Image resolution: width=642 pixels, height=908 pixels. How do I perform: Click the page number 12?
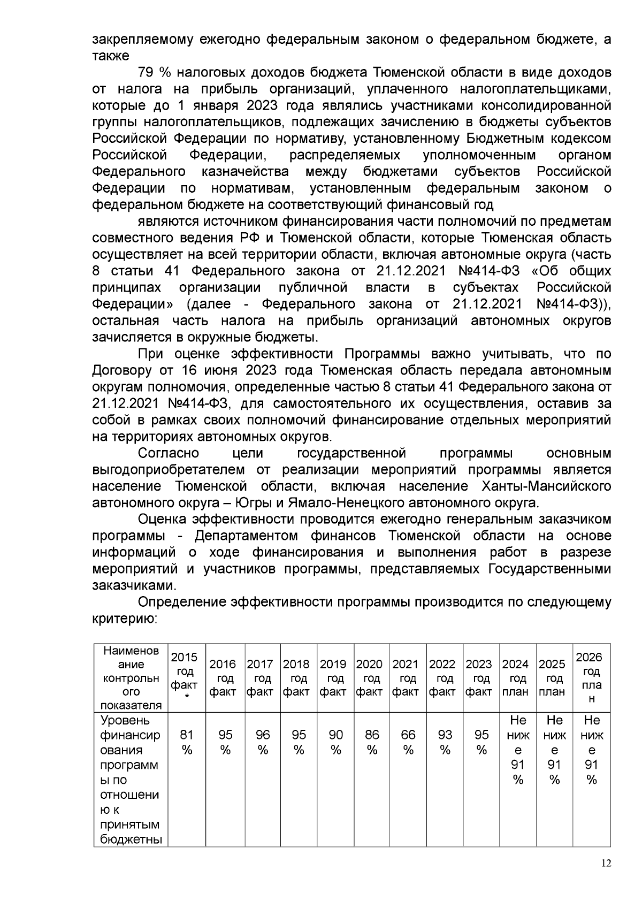tap(606, 863)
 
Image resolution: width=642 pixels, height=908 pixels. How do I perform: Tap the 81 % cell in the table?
tap(186, 743)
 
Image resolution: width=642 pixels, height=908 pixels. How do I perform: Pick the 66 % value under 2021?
tap(408, 743)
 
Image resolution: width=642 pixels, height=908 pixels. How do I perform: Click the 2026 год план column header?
tap(591, 678)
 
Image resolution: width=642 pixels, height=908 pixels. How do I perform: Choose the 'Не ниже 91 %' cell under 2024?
tap(518, 750)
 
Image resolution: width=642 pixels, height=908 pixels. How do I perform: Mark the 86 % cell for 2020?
tap(372, 743)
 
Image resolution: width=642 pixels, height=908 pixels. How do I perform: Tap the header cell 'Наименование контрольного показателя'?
tap(131, 678)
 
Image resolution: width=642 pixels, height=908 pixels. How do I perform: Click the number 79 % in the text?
tap(154, 72)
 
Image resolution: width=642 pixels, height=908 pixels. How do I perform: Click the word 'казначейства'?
tap(246, 172)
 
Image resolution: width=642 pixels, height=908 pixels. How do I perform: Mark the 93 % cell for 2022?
tap(445, 743)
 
